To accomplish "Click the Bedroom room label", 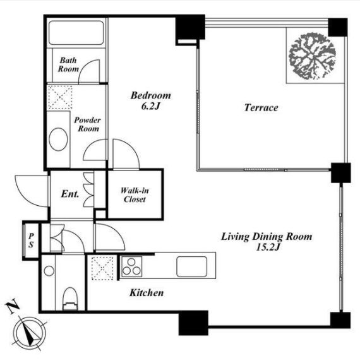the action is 150,95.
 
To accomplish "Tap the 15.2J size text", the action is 268,247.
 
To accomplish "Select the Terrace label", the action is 261,108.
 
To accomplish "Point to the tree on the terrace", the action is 312,56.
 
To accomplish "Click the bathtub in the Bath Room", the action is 76,33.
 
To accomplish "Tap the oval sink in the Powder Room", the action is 58,140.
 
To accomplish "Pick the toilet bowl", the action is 70,299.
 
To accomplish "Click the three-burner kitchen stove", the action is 131,266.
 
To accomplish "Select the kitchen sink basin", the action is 191,266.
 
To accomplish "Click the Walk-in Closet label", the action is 135,195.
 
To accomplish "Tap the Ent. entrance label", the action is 70,194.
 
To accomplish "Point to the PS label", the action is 31,241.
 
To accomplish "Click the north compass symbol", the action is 30,333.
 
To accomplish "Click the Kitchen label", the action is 147,293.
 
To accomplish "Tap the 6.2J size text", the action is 151,106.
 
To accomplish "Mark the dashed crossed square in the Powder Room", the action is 60,97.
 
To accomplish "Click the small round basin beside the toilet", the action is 49,270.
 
